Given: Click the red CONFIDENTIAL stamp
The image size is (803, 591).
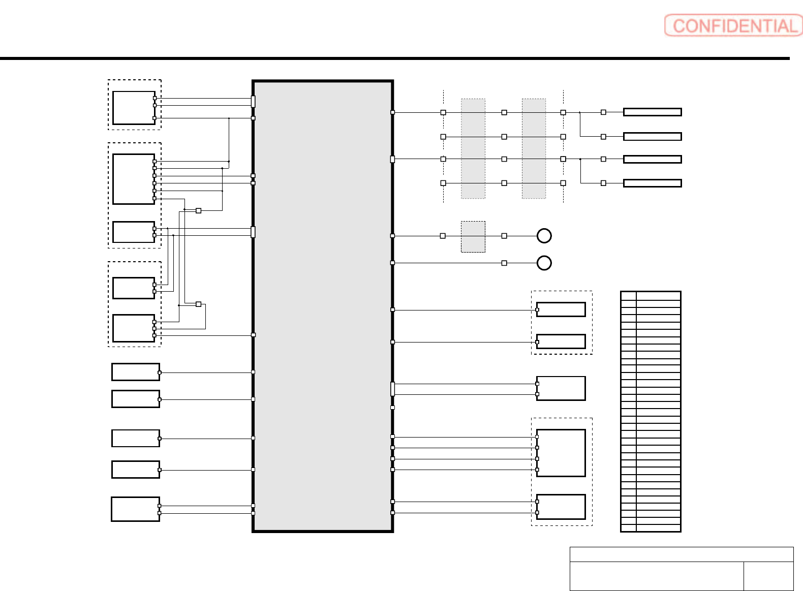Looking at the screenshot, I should click(733, 25).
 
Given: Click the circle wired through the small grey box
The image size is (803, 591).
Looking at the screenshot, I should click(544, 236).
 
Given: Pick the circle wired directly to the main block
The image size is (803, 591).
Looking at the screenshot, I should click(544, 263).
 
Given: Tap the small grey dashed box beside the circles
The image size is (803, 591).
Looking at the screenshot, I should click(473, 237).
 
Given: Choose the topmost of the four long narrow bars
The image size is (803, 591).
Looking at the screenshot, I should click(652, 112).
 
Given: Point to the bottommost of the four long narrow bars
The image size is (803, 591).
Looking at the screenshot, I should click(652, 183).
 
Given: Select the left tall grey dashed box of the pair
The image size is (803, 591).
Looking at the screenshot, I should click(473, 148).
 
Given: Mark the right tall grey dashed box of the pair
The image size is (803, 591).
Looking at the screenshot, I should click(534, 148).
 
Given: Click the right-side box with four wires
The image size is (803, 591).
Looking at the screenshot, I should click(561, 453).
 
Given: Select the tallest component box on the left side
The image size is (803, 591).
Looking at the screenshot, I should click(134, 179).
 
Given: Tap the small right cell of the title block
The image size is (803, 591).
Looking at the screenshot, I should click(768, 576).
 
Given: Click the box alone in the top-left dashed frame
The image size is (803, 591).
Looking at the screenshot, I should click(134, 108).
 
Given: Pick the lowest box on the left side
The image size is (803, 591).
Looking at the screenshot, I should click(136, 509).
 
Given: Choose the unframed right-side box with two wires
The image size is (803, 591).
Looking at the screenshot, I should click(561, 389).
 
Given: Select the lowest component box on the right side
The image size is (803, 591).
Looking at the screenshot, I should click(561, 507).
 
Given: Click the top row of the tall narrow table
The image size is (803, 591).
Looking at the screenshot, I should click(651, 295).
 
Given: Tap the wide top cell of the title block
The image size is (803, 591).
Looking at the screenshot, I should click(681, 554).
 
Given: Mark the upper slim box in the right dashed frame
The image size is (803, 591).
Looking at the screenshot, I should click(561, 309).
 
